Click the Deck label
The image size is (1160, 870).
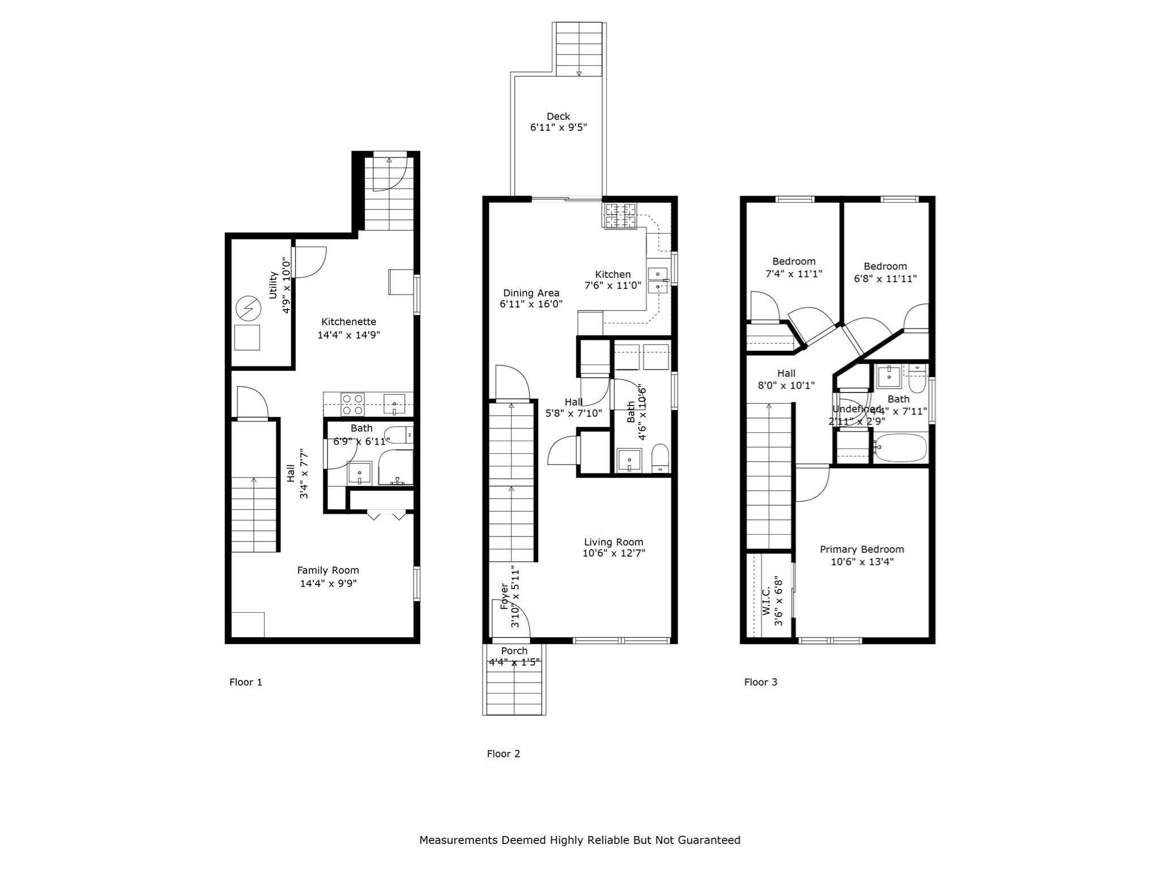pyautogui.click(x=558, y=117)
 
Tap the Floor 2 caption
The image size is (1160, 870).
pyautogui.click(x=503, y=753)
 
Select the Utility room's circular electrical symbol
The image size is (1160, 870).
pyautogui.click(x=248, y=308)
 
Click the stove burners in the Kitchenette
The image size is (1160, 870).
pyautogui.click(x=352, y=404)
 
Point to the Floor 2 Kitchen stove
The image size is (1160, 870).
pyautogui.click(x=620, y=216)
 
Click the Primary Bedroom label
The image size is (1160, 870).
pyautogui.click(x=862, y=549)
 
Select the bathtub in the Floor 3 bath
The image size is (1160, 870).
pyautogui.click(x=900, y=448)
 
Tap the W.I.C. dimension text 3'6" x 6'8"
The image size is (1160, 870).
pyautogui.click(x=779, y=602)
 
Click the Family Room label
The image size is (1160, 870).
pyautogui.click(x=328, y=570)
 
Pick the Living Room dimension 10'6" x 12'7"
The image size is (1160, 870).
pyautogui.click(x=613, y=553)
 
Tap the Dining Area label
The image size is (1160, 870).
pyautogui.click(x=531, y=293)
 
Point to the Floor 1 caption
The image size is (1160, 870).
pyautogui.click(x=245, y=682)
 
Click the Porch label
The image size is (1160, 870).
pyautogui.click(x=514, y=651)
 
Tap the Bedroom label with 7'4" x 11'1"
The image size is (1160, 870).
pyautogui.click(x=794, y=262)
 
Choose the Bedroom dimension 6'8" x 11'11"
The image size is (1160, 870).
pyautogui.click(x=885, y=279)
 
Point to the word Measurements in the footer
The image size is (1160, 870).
pyautogui.click(x=458, y=840)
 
